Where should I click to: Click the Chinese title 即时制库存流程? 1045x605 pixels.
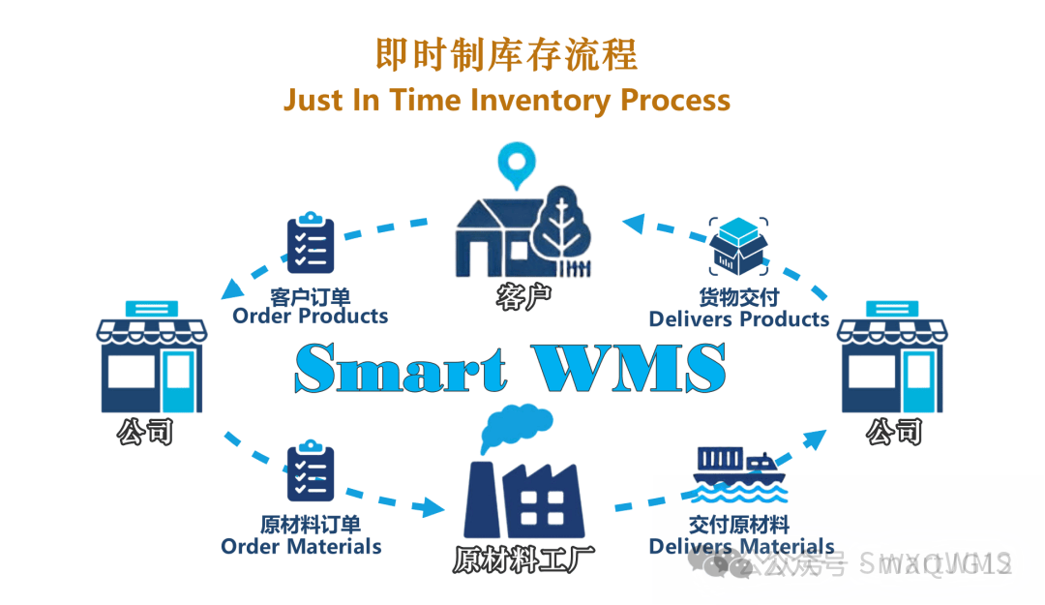coord(506,55)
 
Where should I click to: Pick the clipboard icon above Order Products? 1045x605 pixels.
coord(311,242)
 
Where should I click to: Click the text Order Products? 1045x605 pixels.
coord(310,316)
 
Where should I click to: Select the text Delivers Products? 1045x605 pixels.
coord(739,318)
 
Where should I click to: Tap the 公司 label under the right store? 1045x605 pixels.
coord(894,431)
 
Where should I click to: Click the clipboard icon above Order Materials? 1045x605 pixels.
coord(311,470)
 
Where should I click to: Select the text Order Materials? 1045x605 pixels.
coord(301,547)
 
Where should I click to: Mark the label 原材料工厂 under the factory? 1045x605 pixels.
coord(523,560)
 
